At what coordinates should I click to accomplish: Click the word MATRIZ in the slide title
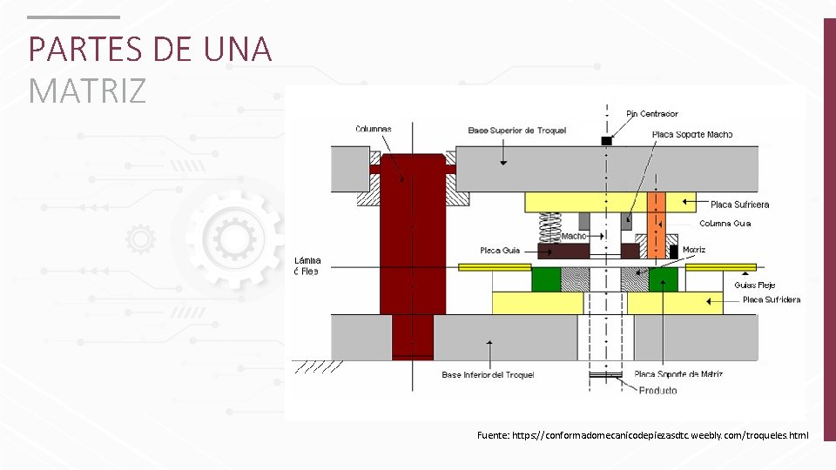87,90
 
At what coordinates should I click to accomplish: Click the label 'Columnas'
374,129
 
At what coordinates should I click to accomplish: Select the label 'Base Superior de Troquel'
516,131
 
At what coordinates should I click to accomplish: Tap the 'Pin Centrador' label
652,114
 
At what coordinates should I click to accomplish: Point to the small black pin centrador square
607,141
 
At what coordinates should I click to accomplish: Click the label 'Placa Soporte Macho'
692,134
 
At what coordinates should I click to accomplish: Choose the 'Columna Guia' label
725,224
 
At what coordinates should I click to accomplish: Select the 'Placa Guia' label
500,251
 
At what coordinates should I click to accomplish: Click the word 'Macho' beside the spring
574,236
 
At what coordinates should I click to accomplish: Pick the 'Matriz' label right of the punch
694,250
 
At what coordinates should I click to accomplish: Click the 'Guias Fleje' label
754,285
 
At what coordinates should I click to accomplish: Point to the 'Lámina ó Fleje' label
307,265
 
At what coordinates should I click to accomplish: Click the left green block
546,279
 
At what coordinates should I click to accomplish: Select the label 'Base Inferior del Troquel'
488,375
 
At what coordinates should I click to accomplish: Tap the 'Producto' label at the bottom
657,391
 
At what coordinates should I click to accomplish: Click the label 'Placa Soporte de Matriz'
678,374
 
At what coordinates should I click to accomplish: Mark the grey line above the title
73,17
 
